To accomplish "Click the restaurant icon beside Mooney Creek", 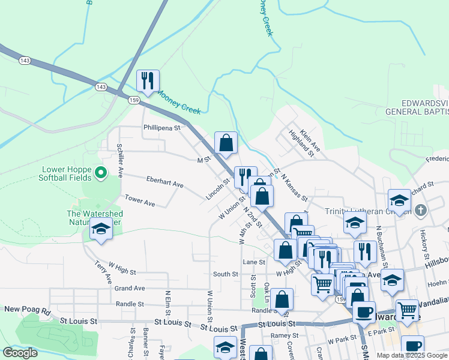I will [148, 80].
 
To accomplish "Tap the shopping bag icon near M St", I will [226, 143].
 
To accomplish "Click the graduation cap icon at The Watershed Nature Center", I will [101, 229].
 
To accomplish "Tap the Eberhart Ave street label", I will [164, 181].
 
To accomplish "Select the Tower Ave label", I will [140, 201].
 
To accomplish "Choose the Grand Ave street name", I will [130, 288].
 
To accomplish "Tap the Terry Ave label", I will [103, 272].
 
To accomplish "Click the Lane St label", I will [254, 262].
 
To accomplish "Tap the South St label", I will [226, 274].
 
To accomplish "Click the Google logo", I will [20, 353].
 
